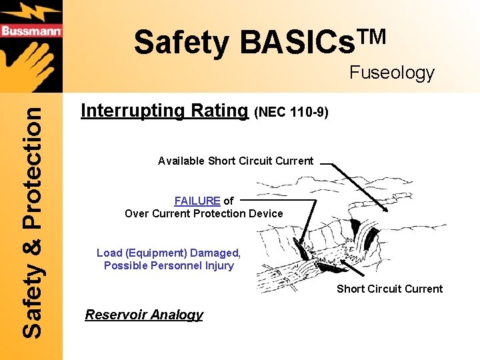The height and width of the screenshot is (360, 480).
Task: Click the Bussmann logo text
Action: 31,31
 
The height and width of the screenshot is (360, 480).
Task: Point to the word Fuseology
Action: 392,73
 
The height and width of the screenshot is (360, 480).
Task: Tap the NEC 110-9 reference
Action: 291,113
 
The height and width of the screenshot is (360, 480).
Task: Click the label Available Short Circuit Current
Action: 235,161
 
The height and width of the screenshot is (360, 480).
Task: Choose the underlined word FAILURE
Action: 197,201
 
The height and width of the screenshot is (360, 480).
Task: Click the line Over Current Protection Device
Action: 204,213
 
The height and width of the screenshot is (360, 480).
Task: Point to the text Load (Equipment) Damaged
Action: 169,253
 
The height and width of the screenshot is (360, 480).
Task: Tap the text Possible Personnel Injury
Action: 169,265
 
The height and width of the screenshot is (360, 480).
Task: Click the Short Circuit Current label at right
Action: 389,289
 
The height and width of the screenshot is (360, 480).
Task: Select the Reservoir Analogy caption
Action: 144,315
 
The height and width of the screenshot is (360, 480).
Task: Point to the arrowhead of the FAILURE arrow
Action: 302,245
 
